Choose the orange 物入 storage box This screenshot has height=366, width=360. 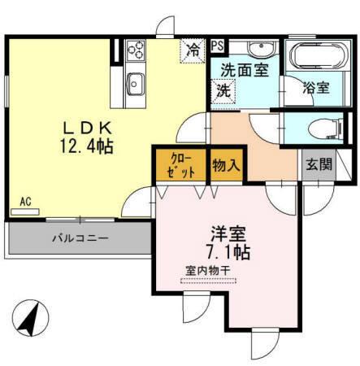226,166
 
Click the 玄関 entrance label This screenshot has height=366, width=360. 319,163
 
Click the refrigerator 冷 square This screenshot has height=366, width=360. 192,50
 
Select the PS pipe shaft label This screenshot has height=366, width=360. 219,46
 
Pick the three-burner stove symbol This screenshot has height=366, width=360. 134,52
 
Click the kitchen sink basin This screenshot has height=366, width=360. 135,82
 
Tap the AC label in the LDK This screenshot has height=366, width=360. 26,201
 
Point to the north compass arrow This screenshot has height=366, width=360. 31,317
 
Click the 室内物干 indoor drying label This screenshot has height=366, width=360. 208,272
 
